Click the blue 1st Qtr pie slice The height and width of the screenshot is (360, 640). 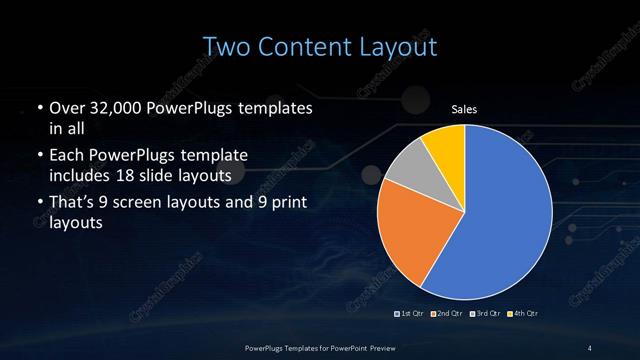pyautogui.click(x=505, y=220)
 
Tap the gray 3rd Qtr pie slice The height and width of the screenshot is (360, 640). pyautogui.click(x=404, y=172)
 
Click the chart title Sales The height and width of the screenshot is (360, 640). pyautogui.click(x=463, y=110)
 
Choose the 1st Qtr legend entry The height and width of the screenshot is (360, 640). pyautogui.click(x=411, y=314)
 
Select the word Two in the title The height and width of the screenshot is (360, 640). pyautogui.click(x=225, y=46)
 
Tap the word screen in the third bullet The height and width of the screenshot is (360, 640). pyautogui.click(x=156, y=203)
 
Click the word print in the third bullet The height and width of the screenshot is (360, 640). pyautogui.click(x=290, y=203)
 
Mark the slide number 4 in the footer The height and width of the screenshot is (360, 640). pyautogui.click(x=590, y=347)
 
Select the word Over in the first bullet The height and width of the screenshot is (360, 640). pyautogui.click(x=66, y=109)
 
